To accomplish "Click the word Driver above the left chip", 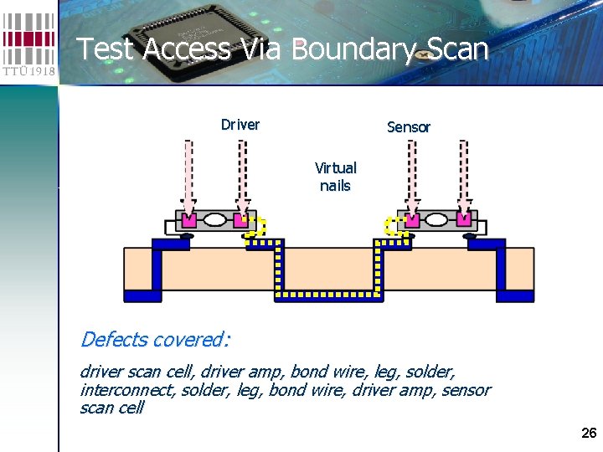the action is pos(240,125).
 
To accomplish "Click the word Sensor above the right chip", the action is pos(408,127).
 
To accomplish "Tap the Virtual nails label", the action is pos(335,177).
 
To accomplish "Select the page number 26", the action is pos(589,433).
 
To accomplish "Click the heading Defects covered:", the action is pos(155,339).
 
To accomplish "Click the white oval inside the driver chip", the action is pos(215,220).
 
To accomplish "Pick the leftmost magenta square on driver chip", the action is pos(188,220).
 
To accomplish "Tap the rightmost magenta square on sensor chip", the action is pos(464,220).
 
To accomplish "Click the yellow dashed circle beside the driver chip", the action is pos(255,226).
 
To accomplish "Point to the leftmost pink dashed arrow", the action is pos(188,176).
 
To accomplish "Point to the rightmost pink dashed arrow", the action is pos(464,176).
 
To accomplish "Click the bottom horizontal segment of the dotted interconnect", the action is pos(329,296).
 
